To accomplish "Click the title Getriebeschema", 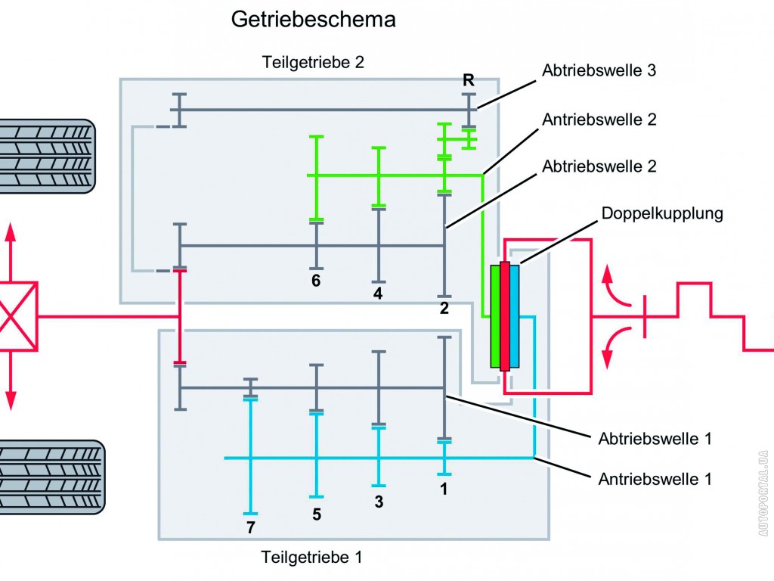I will point(313,20).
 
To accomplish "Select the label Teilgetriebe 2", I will point(313,62).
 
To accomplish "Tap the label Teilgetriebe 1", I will point(312,558).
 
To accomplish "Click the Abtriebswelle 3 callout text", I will point(599,70).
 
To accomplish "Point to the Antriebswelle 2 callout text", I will point(599,119).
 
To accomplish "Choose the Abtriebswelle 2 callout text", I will point(599,166).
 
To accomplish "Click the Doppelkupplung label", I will point(663,213).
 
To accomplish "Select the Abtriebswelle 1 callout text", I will point(655,438).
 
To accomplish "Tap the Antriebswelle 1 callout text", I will point(655,478).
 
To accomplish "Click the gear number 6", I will point(316,281).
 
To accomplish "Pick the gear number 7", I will point(250,527).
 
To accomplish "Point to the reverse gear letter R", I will point(469,80).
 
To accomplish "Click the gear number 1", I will point(444,489).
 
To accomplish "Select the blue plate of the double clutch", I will point(515,316).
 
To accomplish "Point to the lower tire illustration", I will point(51,477).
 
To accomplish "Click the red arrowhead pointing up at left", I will point(11,231).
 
